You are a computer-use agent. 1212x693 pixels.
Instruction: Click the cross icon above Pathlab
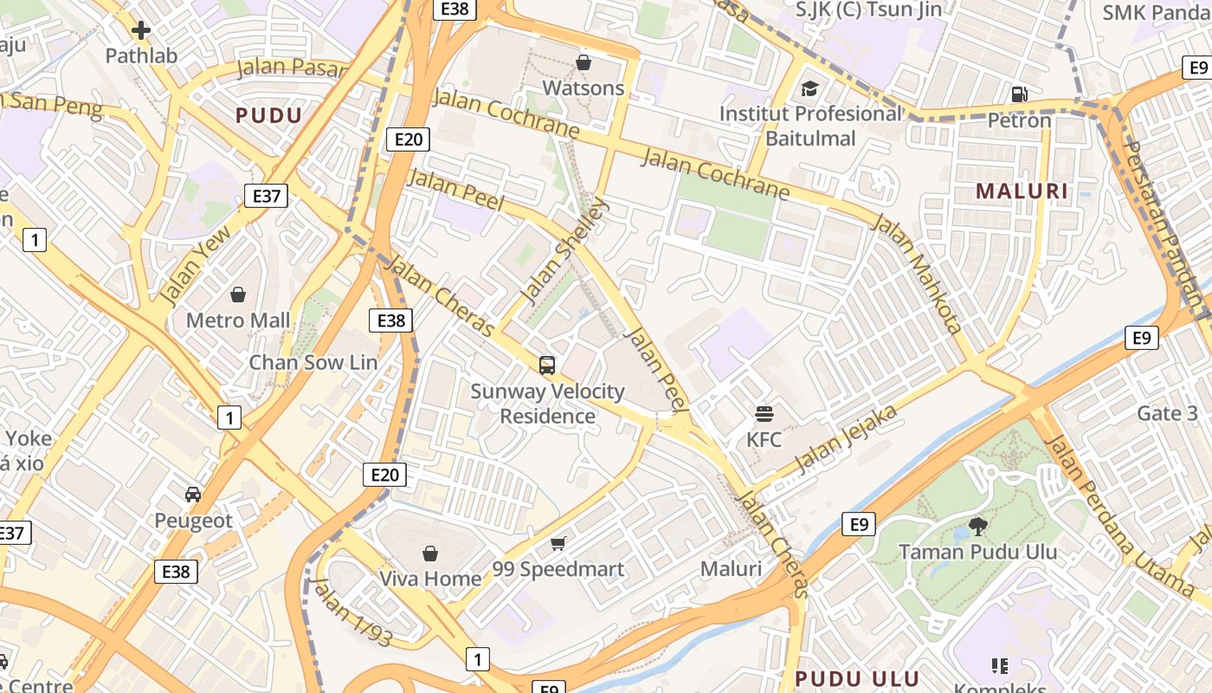click(141, 31)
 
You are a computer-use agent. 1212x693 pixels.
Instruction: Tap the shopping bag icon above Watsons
click(583, 62)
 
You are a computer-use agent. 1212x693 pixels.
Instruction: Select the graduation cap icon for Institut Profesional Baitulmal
click(809, 88)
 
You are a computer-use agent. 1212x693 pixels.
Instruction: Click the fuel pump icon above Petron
click(1020, 94)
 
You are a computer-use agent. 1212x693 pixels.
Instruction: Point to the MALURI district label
click(1022, 191)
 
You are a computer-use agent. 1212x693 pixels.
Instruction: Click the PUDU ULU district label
click(856, 678)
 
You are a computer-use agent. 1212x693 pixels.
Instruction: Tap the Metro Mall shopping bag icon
click(238, 295)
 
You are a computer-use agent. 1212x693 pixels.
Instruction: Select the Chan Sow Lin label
click(313, 362)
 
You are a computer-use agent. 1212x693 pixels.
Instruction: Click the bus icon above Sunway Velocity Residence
click(547, 366)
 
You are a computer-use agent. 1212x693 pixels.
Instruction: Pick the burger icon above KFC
click(764, 413)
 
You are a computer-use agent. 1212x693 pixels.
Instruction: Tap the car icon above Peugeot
click(193, 495)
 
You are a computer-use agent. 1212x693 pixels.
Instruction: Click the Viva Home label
click(430, 578)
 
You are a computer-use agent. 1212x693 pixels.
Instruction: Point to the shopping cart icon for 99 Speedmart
click(558, 544)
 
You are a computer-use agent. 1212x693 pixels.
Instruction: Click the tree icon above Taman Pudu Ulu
click(977, 526)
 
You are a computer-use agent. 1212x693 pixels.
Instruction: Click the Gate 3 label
click(1172, 413)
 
